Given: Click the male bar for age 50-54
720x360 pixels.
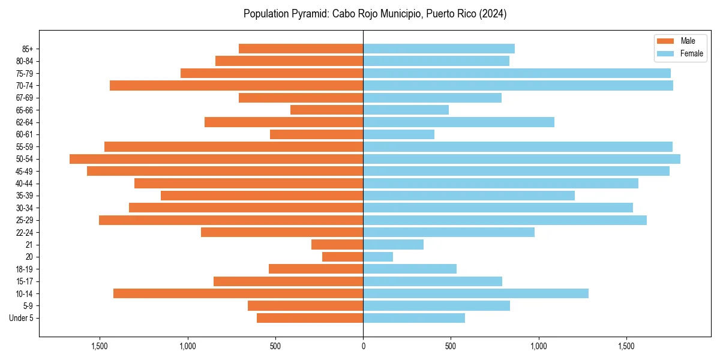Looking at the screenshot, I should click(216, 159).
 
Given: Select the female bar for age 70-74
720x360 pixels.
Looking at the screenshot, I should click(518, 85).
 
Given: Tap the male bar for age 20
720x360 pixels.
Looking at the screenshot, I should click(343, 257).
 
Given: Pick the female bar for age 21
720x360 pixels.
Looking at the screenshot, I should click(393, 245).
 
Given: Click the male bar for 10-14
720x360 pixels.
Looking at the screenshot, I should click(238, 293).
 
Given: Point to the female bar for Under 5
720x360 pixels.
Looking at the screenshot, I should click(414, 318).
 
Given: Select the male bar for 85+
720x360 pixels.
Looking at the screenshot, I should click(301, 49).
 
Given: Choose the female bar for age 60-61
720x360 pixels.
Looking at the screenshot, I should click(398, 134).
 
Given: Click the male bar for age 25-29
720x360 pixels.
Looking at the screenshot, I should click(231, 220).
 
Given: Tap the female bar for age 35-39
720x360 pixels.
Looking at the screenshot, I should click(469, 196).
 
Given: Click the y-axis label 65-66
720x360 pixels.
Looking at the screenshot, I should click(25, 110).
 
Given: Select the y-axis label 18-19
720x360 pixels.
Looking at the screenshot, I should click(25, 269).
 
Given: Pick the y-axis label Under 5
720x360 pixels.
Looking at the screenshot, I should click(21, 318).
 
